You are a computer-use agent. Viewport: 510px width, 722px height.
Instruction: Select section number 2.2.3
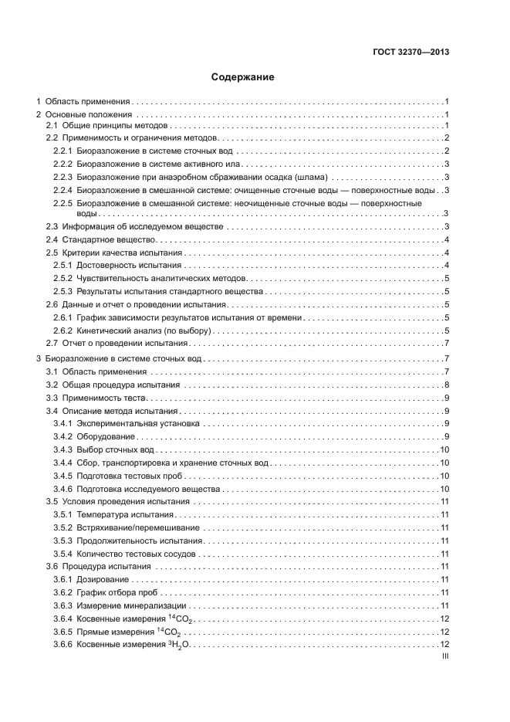[62, 177]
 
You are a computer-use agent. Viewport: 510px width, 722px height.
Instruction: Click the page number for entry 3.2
[447, 385]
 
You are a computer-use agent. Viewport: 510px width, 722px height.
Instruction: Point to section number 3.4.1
[62, 424]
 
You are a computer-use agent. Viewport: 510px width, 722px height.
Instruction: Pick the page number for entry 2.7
[447, 343]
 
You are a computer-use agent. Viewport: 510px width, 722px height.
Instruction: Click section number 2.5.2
[62, 279]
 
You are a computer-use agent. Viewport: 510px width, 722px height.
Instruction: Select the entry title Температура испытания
[125, 514]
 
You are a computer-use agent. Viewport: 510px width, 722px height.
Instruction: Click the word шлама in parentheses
[316, 177]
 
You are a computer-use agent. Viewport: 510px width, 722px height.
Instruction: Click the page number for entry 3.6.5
[444, 632]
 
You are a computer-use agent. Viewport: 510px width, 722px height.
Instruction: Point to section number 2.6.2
[62, 330]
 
